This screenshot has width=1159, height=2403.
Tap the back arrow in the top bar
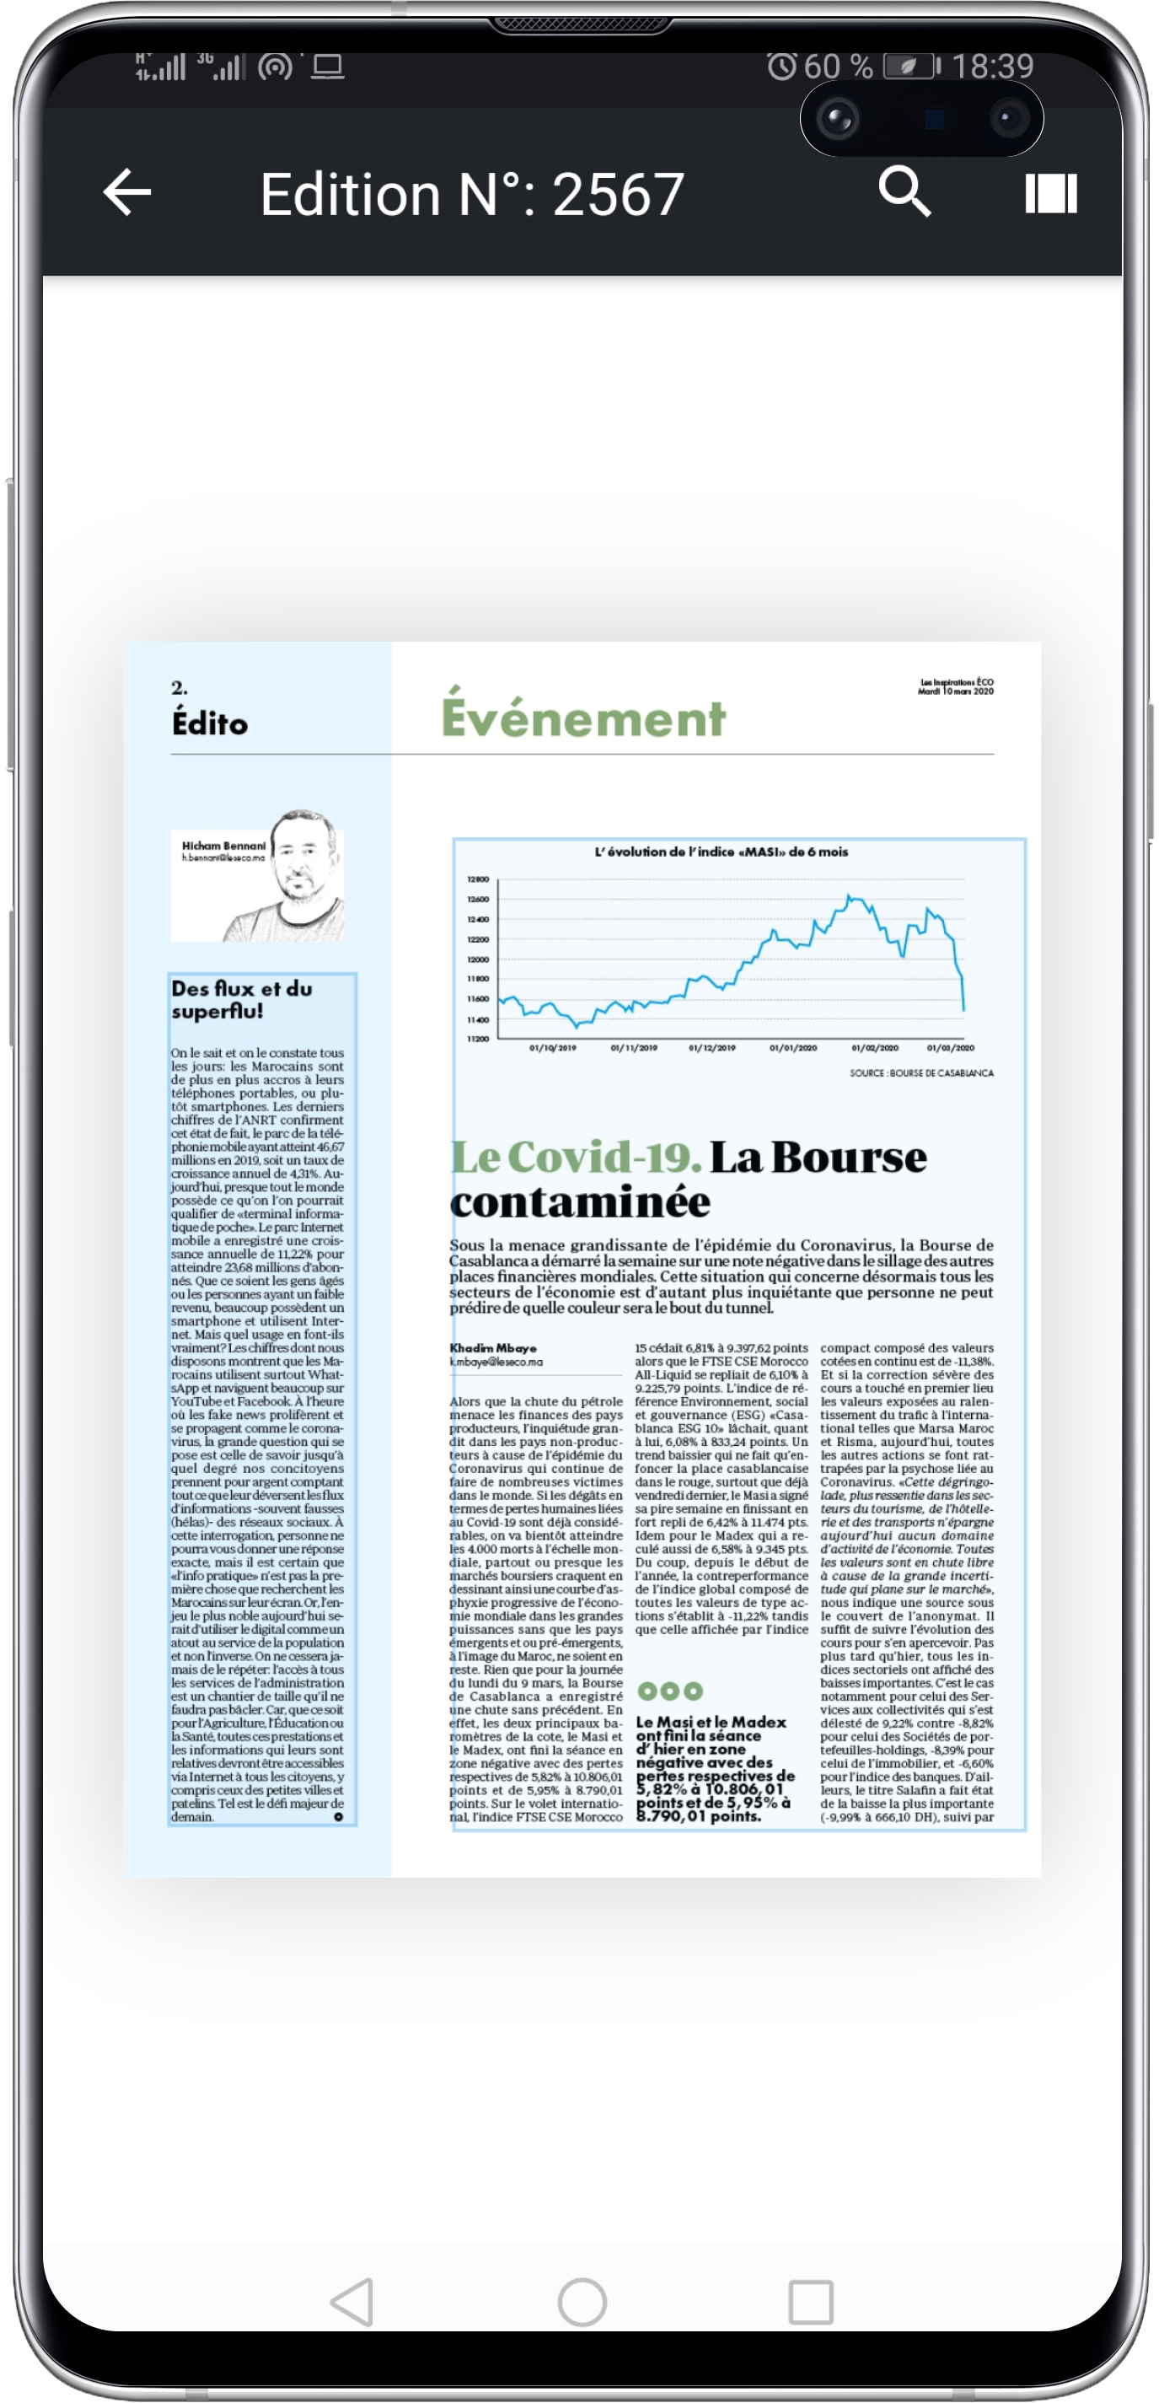pyautogui.click(x=126, y=193)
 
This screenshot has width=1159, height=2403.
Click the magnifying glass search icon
pyautogui.click(x=904, y=192)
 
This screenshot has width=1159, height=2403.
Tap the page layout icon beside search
pyautogui.click(x=1051, y=193)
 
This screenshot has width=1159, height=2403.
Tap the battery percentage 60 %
pyautogui.click(x=837, y=67)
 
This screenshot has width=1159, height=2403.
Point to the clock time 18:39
pyautogui.click(x=992, y=67)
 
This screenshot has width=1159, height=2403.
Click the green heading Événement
pyautogui.click(x=582, y=718)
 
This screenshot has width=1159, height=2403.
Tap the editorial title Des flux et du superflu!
pyautogui.click(x=242, y=999)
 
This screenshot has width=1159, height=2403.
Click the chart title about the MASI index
pyautogui.click(x=721, y=852)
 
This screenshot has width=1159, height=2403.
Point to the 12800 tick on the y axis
pyautogui.click(x=477, y=879)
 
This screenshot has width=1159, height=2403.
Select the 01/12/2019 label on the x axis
pyautogui.click(x=711, y=1047)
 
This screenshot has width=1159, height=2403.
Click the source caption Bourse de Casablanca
pyautogui.click(x=920, y=1072)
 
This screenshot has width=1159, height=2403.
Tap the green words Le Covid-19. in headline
pyautogui.click(x=576, y=1157)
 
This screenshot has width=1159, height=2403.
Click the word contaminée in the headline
pyautogui.click(x=580, y=1202)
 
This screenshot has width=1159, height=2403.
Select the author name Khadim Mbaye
pyautogui.click(x=492, y=1348)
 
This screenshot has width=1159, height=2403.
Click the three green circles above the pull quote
pyautogui.click(x=669, y=1691)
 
